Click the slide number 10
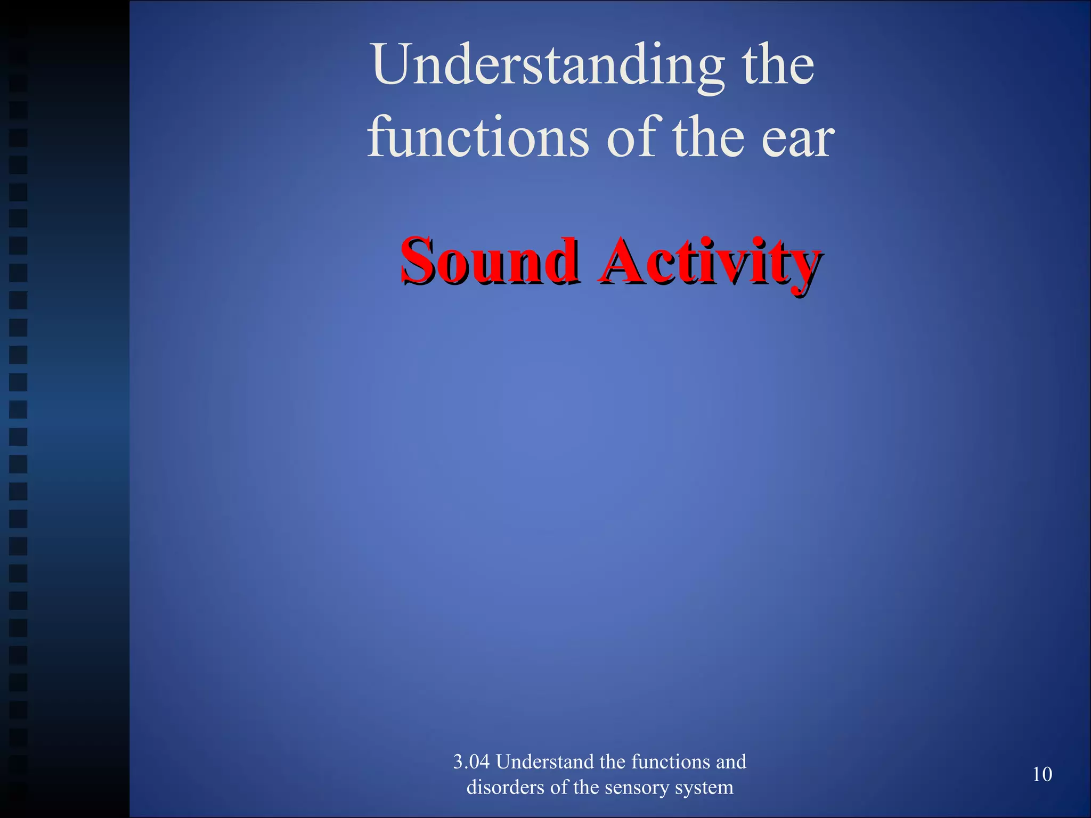1042,774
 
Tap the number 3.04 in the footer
471,762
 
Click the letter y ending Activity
804,266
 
